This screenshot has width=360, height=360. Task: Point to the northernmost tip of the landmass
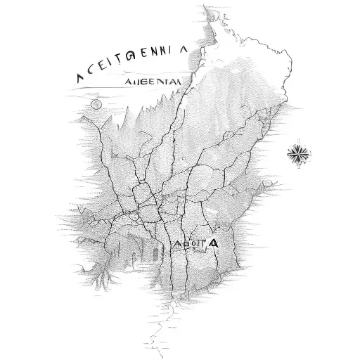[206, 8]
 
